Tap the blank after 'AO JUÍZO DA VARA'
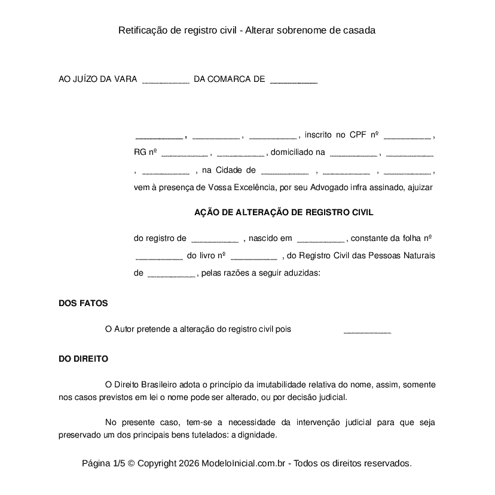point(166,80)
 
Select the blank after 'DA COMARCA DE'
point(294,80)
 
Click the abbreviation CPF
point(357,136)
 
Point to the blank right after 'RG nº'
point(184,153)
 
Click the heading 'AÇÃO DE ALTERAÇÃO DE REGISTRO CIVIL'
point(284,212)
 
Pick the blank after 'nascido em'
point(320,239)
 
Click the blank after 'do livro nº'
point(253,256)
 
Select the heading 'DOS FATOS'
point(83,303)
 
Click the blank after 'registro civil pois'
point(367,330)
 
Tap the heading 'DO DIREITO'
point(83,359)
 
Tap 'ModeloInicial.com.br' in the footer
point(246,463)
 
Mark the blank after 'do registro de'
point(215,239)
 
